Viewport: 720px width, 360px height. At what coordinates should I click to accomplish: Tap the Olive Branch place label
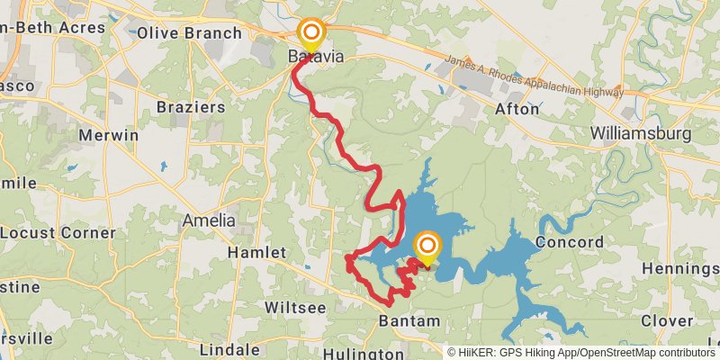click(x=190, y=33)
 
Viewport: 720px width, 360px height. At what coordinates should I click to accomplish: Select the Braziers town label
click(x=190, y=106)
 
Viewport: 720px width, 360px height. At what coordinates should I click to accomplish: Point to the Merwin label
click(x=108, y=135)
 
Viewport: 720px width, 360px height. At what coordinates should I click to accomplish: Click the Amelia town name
click(x=208, y=220)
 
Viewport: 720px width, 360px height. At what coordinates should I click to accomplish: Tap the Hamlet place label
click(x=256, y=253)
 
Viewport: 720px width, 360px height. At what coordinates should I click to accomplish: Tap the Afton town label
click(x=517, y=109)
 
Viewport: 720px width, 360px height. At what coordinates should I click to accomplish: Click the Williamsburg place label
click(x=640, y=135)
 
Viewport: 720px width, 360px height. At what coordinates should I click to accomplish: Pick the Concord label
click(x=569, y=242)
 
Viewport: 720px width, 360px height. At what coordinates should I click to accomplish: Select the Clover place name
click(x=667, y=320)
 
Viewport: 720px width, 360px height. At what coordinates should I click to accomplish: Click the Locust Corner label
click(x=58, y=232)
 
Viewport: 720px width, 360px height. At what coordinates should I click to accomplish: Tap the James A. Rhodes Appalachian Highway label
click(x=535, y=78)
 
